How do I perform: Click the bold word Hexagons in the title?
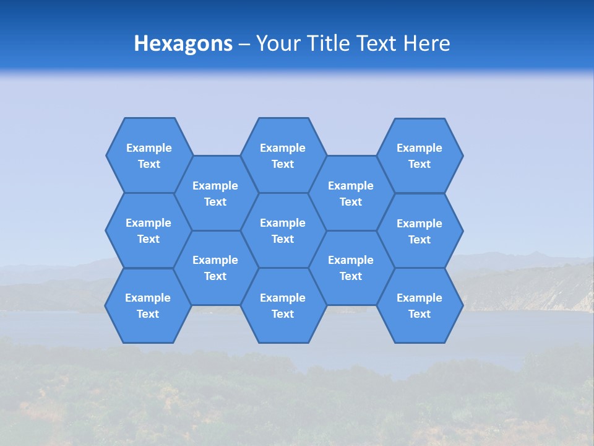click(x=183, y=43)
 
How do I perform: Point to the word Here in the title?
click(x=426, y=43)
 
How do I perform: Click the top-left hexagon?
click(x=148, y=155)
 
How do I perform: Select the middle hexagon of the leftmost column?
click(x=148, y=230)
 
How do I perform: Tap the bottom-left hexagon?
click(x=148, y=305)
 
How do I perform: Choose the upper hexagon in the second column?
click(x=215, y=193)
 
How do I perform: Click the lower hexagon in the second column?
click(x=215, y=268)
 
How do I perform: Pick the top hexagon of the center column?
click(x=283, y=155)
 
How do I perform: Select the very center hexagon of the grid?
click(x=283, y=230)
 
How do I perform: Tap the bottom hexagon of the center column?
click(x=283, y=305)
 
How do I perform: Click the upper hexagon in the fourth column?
click(x=351, y=193)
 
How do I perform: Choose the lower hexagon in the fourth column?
click(x=351, y=268)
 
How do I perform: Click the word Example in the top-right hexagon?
click(x=420, y=148)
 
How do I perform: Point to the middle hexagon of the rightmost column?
click(x=420, y=231)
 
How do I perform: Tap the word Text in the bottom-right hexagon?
click(x=420, y=314)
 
